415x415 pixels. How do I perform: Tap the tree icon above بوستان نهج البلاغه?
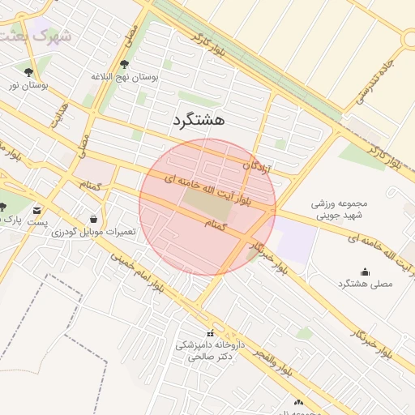[x=123, y=64]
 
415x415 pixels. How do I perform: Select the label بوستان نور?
[x=28, y=84]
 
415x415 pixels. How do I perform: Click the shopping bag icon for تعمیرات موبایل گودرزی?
[x=94, y=219]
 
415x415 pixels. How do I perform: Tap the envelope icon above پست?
[x=37, y=210]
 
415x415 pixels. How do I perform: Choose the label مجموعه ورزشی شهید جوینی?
[x=340, y=209]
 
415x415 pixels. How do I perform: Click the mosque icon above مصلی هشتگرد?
[x=364, y=272]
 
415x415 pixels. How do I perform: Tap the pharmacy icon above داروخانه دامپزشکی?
[x=211, y=333]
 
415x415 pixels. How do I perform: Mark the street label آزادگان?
[x=258, y=169]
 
